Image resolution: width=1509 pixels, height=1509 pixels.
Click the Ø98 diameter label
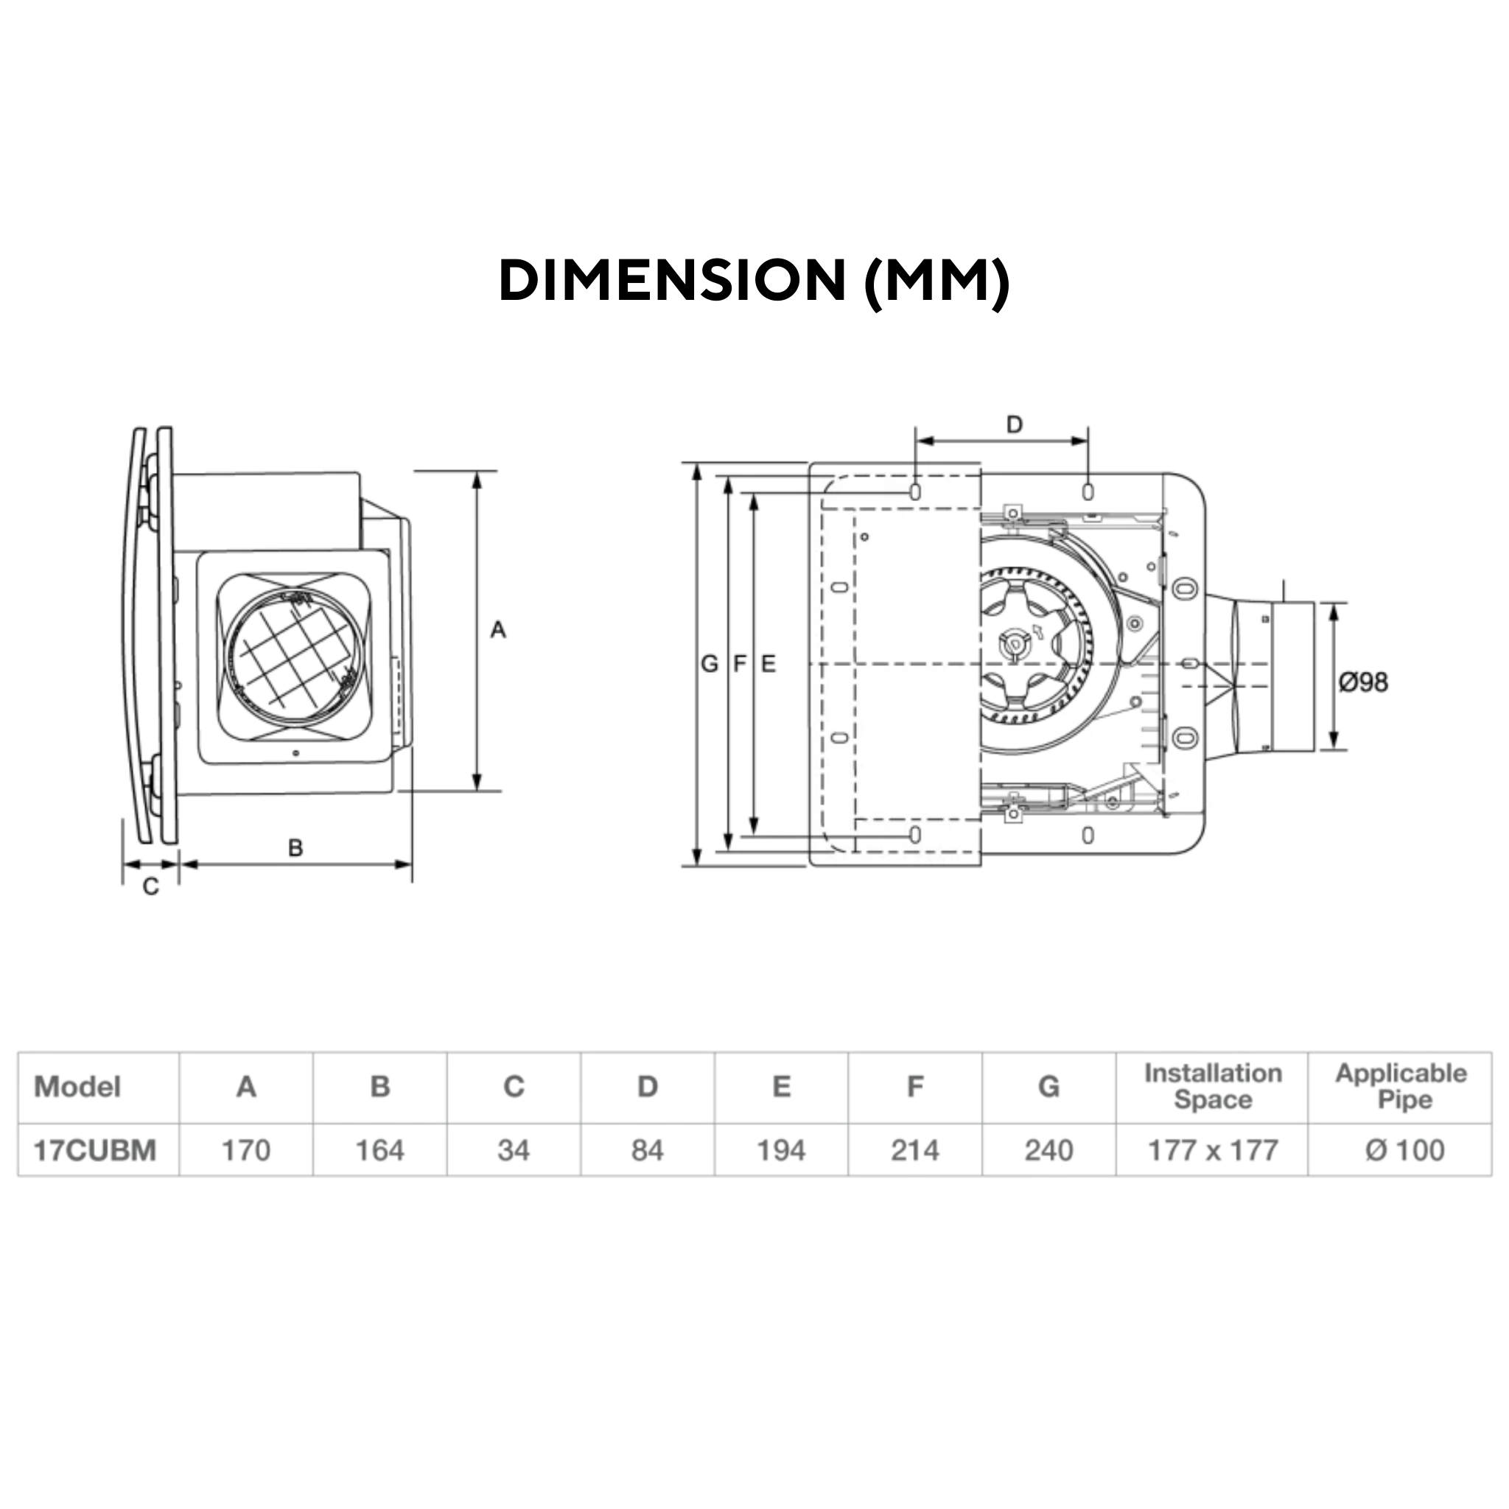tap(1363, 682)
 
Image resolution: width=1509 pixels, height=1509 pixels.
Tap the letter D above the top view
tap(1014, 424)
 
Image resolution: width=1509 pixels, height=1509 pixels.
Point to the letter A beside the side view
tap(497, 629)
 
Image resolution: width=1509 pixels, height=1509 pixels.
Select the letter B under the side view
tap(295, 847)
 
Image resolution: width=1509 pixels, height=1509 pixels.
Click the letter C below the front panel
tap(151, 886)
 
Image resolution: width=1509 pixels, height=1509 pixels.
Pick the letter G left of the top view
tap(708, 664)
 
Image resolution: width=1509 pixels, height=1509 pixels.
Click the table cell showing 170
tap(246, 1149)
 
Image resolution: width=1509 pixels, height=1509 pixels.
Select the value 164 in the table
tap(379, 1149)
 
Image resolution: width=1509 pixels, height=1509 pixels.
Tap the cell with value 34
tap(513, 1149)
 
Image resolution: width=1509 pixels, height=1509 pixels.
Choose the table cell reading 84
tap(648, 1149)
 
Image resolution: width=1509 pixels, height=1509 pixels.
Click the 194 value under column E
tap(781, 1149)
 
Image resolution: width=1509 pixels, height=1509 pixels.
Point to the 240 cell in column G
tap(1048, 1149)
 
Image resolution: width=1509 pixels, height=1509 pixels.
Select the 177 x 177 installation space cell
tap(1212, 1149)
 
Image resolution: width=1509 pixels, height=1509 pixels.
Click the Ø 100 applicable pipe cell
tap(1404, 1149)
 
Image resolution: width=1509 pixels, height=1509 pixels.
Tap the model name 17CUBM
tap(95, 1149)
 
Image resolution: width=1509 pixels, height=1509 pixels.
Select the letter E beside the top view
tap(768, 664)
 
